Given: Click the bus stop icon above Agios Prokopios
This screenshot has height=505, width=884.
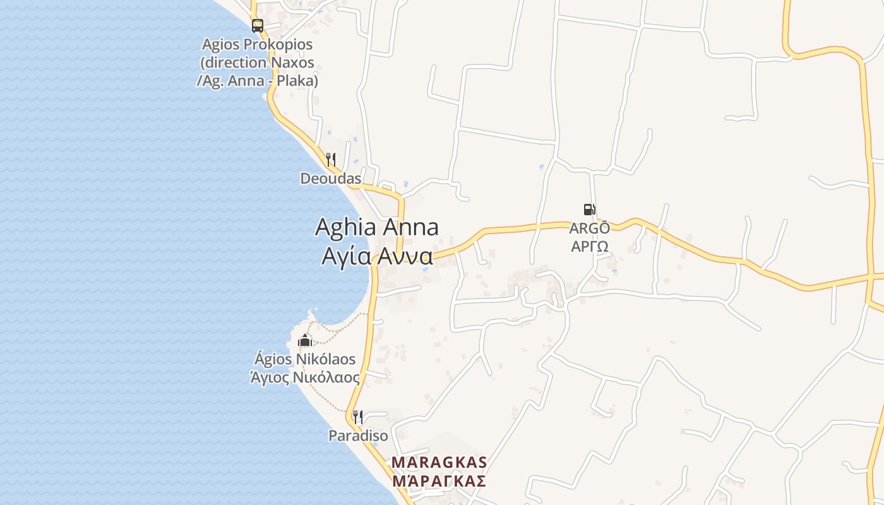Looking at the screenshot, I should pyautogui.click(x=257, y=26).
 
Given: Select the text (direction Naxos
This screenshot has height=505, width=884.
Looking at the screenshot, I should pyautogui.click(x=257, y=63).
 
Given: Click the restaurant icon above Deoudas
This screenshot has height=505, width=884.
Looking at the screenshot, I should pyautogui.click(x=331, y=159).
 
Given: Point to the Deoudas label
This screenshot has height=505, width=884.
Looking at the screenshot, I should pyautogui.click(x=331, y=179).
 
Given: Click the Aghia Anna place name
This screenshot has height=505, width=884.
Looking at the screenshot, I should pyautogui.click(x=376, y=227).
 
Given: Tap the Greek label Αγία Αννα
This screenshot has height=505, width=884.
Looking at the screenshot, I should pyautogui.click(x=377, y=256).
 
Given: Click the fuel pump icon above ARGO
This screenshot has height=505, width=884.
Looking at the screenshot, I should pyautogui.click(x=589, y=210).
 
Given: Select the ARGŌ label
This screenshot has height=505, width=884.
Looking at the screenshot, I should pyautogui.click(x=590, y=229).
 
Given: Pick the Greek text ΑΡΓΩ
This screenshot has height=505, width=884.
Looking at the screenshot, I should pyautogui.click(x=590, y=246).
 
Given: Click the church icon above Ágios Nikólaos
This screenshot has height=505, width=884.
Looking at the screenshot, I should pyautogui.click(x=305, y=341).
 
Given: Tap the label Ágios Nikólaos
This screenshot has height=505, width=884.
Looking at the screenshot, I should pyautogui.click(x=305, y=360).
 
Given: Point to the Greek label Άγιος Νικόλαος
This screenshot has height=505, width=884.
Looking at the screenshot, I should pyautogui.click(x=305, y=377).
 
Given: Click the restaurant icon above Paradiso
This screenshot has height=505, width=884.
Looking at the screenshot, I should pyautogui.click(x=357, y=417).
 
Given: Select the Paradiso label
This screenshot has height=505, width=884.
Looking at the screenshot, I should pyautogui.click(x=358, y=436).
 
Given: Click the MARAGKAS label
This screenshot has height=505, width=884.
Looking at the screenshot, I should pyautogui.click(x=439, y=463).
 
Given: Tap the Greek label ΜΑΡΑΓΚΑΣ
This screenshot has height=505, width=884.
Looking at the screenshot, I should pyautogui.click(x=439, y=481).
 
